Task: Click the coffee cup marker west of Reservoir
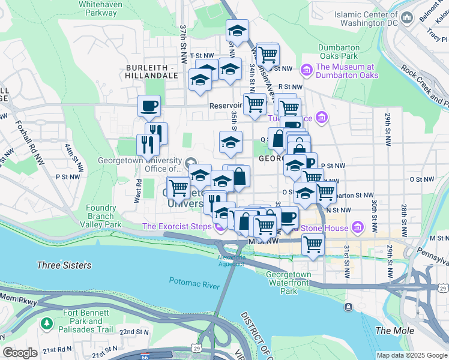[149, 106]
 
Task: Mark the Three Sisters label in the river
[64, 265]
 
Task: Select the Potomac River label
[194, 283]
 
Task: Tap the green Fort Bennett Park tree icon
[47, 324]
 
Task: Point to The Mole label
[391, 331]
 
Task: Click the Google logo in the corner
[20, 353]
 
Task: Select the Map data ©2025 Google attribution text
[411, 355]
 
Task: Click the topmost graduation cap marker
[237, 31]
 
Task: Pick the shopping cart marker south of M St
[313, 245]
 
